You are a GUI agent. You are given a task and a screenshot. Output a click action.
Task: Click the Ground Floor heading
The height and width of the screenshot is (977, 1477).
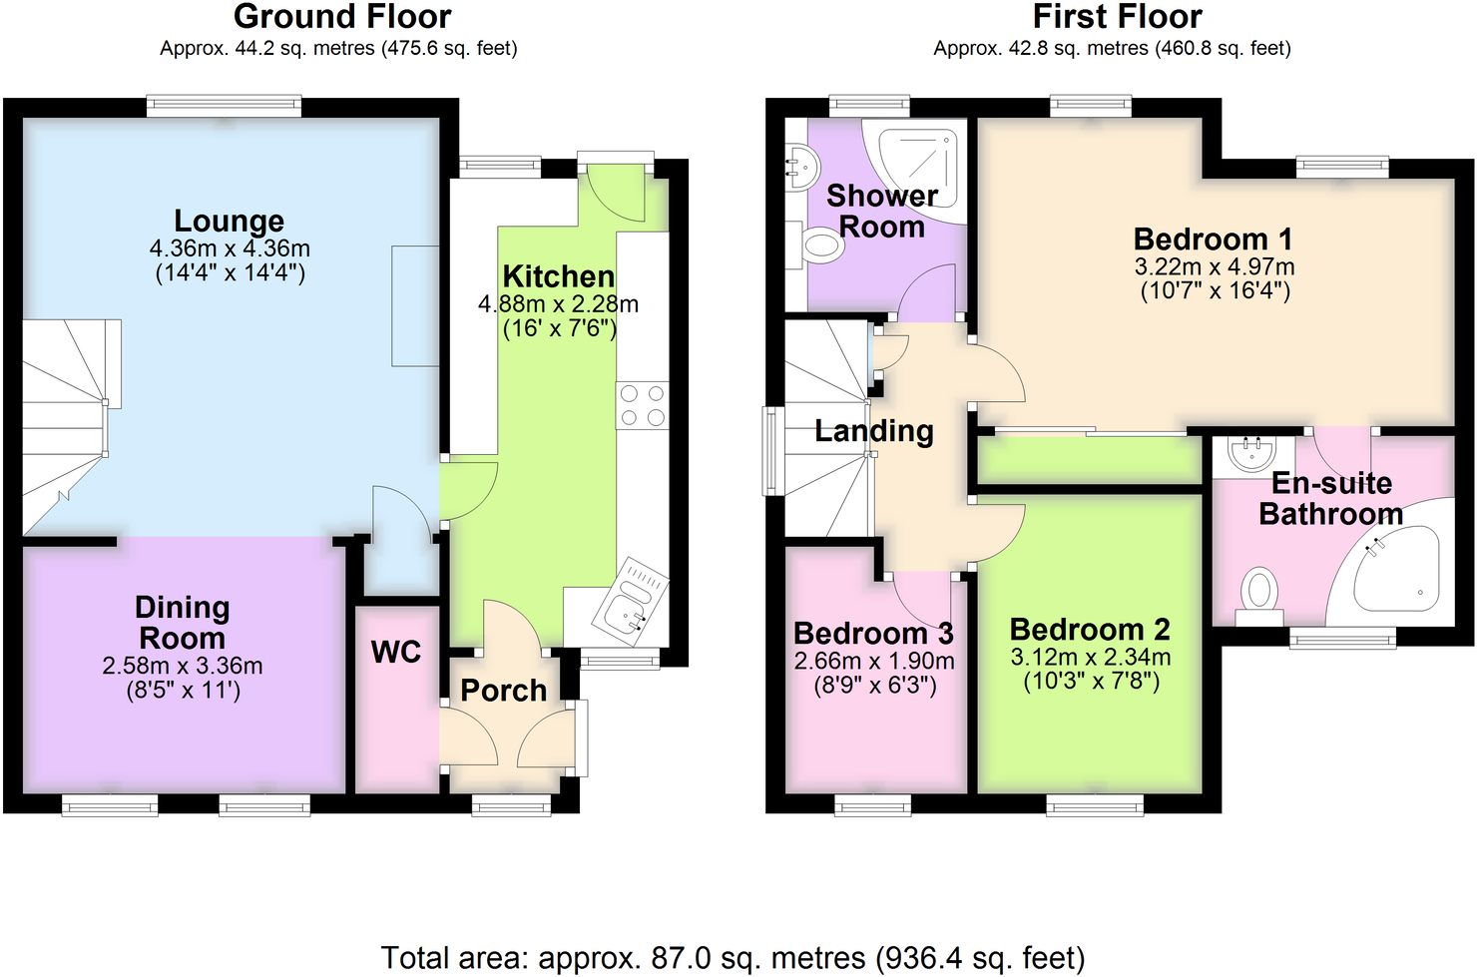(x=342, y=17)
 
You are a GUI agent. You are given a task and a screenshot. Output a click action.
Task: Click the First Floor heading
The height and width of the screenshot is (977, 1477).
(x=1117, y=17)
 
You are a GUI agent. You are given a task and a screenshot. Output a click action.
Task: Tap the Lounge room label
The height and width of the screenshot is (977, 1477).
(x=229, y=221)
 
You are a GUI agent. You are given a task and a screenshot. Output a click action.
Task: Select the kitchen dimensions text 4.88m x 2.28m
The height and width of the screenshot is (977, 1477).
(x=558, y=304)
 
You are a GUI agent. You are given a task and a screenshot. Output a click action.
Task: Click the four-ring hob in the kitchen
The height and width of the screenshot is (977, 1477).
(x=642, y=405)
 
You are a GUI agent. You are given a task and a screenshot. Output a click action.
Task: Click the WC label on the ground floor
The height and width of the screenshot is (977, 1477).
(x=396, y=653)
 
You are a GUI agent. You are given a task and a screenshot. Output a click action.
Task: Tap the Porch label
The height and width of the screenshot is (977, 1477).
(x=503, y=691)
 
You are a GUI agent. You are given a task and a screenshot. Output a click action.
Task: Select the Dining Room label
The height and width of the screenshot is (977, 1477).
(x=182, y=623)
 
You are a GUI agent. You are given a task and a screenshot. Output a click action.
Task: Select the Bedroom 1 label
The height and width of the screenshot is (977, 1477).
(x=1213, y=240)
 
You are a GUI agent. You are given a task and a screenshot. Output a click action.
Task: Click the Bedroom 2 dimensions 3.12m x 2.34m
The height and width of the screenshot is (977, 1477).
(x=1090, y=658)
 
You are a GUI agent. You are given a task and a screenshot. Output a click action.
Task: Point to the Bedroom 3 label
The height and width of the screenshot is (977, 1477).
(x=873, y=634)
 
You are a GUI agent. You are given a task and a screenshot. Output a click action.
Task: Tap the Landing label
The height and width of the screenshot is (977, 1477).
(x=874, y=431)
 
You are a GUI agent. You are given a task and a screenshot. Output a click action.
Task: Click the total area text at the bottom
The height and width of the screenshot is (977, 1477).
(x=733, y=958)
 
